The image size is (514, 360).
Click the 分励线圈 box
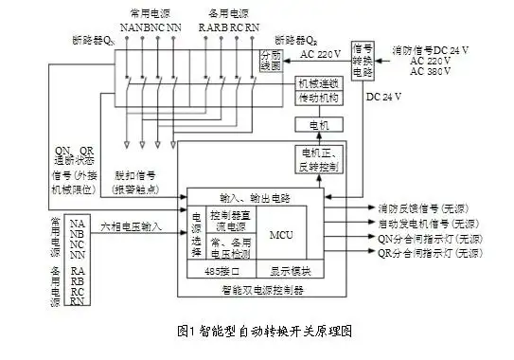coord(271,62)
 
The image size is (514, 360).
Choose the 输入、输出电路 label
coord(255,197)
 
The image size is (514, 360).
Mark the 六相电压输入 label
coord(131,228)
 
